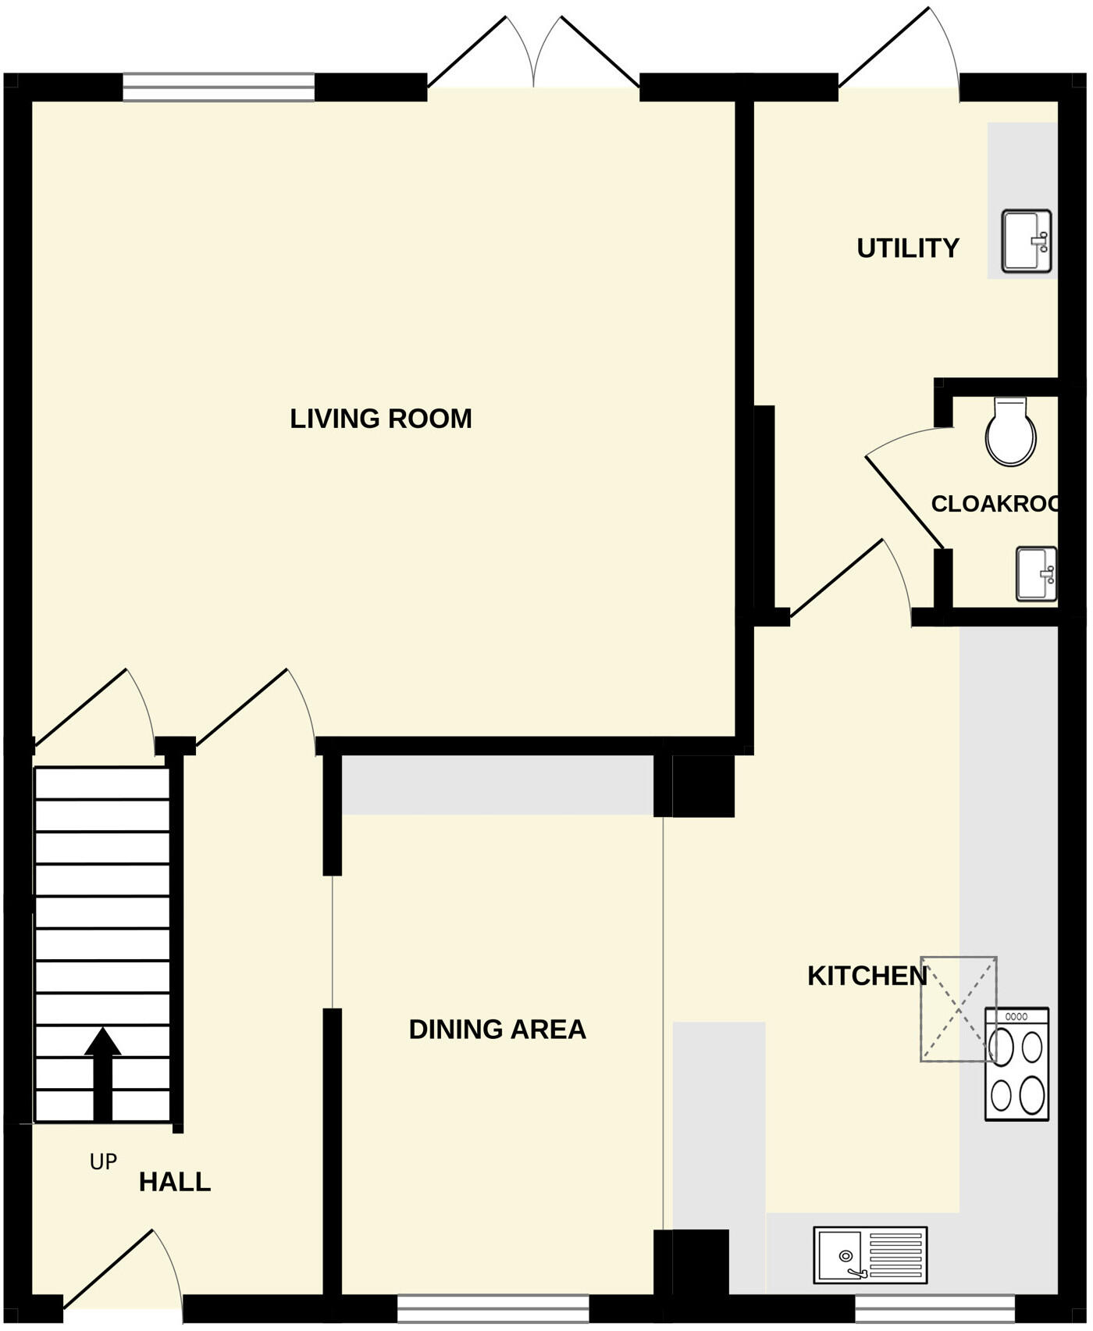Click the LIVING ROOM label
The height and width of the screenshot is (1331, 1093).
[x=381, y=419]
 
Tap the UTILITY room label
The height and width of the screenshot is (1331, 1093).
[x=907, y=248]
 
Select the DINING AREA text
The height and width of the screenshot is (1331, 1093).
[x=497, y=1030]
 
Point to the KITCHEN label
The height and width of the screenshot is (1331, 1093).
[x=867, y=976]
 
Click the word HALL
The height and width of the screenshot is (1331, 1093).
[x=175, y=1183]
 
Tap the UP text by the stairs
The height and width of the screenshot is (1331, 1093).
[x=103, y=1163]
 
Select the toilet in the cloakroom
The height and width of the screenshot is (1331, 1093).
[x=1010, y=433]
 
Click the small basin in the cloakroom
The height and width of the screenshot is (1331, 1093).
[x=1036, y=575]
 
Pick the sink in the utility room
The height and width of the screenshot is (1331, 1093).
[x=1027, y=241]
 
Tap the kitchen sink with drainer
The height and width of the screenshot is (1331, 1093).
[x=870, y=1255]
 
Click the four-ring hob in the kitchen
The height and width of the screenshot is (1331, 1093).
[x=1016, y=1065]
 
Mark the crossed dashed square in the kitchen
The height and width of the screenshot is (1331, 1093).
[x=959, y=1009]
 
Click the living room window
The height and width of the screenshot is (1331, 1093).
[x=219, y=87]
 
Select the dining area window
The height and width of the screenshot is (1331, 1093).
[x=493, y=1308]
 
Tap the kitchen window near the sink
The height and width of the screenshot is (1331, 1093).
[x=935, y=1308]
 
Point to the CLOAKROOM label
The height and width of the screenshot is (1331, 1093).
[x=995, y=505]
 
